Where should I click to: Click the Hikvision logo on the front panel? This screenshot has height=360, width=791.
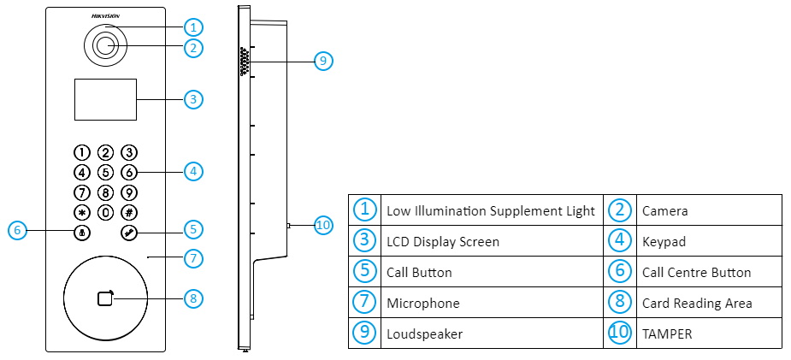[x=105, y=16]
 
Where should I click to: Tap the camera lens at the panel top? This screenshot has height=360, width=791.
[x=105, y=47]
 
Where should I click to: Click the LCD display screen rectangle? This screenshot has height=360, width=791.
[x=105, y=99]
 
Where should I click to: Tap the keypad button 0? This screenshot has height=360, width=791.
[x=105, y=212]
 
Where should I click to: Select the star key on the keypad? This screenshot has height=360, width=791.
[x=81, y=212]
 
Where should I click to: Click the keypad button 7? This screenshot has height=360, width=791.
[x=81, y=192]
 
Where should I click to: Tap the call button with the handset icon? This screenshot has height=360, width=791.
[x=128, y=233]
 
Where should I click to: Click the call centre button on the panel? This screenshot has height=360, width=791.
[x=81, y=233]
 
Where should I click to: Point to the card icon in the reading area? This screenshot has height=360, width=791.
[x=106, y=298]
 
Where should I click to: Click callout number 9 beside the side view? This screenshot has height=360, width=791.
[x=323, y=61]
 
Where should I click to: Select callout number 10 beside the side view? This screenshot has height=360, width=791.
[x=323, y=225]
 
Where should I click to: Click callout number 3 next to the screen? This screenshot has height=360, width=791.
[x=193, y=99]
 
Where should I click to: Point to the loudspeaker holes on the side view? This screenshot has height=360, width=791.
[x=245, y=62]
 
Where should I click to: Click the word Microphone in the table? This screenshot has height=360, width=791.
[x=423, y=304]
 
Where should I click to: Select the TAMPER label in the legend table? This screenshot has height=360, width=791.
[x=667, y=333]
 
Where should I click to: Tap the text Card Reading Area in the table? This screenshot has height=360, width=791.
[x=697, y=304]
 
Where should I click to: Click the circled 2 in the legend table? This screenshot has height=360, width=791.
[x=620, y=210]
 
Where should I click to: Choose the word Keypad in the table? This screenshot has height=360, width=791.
[x=664, y=242]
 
